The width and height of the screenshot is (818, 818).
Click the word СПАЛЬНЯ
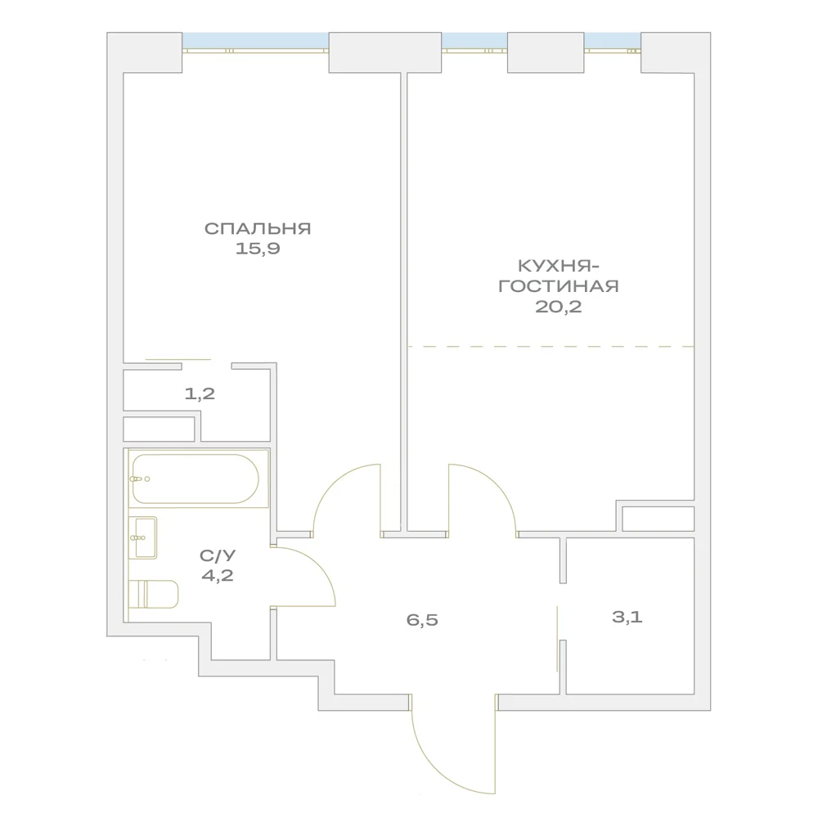click(x=258, y=228)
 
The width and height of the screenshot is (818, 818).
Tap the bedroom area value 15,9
click(x=258, y=249)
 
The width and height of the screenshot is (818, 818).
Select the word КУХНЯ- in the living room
click(x=558, y=266)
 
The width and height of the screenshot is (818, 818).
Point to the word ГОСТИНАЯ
click(x=558, y=286)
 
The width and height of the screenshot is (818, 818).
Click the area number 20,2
click(x=558, y=307)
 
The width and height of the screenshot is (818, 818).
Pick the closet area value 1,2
click(x=200, y=394)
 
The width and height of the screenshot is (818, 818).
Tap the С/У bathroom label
click(x=218, y=555)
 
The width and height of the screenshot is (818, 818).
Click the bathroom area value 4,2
click(x=218, y=575)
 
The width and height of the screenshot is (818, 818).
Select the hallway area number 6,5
click(x=422, y=620)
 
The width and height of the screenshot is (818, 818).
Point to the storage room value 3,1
click(x=627, y=617)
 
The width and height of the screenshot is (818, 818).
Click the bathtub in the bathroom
click(x=196, y=479)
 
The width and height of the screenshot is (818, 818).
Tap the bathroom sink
click(x=143, y=538)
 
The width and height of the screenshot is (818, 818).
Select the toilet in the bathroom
click(x=154, y=594)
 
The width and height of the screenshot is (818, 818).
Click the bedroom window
click(x=255, y=43)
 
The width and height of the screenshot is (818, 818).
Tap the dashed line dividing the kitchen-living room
click(x=551, y=346)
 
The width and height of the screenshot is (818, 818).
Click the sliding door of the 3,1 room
click(x=557, y=639)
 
